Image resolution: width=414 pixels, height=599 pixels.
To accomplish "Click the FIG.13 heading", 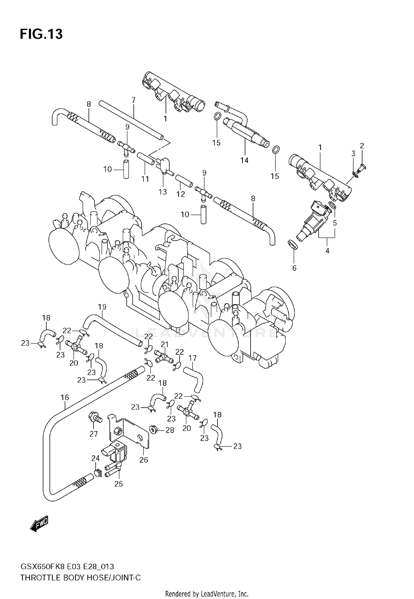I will coord(41,34).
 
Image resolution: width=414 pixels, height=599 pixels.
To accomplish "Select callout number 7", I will coord(133,100).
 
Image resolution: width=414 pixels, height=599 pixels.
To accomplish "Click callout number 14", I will coord(244,160).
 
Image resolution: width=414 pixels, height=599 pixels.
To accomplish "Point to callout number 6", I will coord(294,268).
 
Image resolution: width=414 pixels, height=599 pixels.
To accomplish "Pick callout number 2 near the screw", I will coord(362,146).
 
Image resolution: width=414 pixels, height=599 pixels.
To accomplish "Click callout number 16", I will coord(65,397).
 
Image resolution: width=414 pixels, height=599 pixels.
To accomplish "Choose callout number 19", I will coord(102,307).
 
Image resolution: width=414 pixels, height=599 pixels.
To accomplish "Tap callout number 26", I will coord(144,460).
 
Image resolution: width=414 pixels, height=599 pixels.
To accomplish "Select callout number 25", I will coord(118,484).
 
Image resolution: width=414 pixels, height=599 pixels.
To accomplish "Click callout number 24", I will coord(95,458).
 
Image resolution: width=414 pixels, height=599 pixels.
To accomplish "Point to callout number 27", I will coord(94,434).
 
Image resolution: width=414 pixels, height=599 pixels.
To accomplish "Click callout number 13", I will coord(163,192).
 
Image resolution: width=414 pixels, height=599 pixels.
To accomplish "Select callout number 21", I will coord(164,344).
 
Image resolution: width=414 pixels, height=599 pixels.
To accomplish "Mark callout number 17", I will coord(192,358).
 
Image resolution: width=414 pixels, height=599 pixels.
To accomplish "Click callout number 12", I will coord(181,194).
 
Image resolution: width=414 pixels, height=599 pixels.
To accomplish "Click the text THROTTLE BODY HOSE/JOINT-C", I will coord(81,578).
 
